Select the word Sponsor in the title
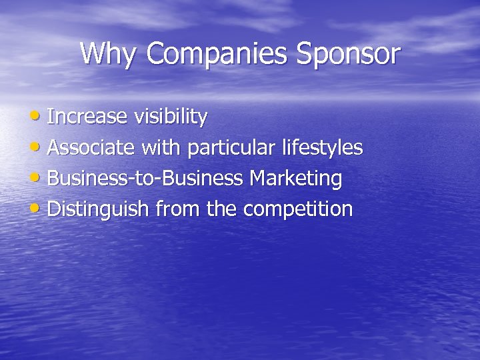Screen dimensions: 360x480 point(348,54)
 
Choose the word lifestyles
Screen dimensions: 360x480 point(323,147)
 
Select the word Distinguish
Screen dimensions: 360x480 point(99,209)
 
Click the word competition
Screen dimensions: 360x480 point(297,209)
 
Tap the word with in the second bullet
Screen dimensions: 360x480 point(160,147)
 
